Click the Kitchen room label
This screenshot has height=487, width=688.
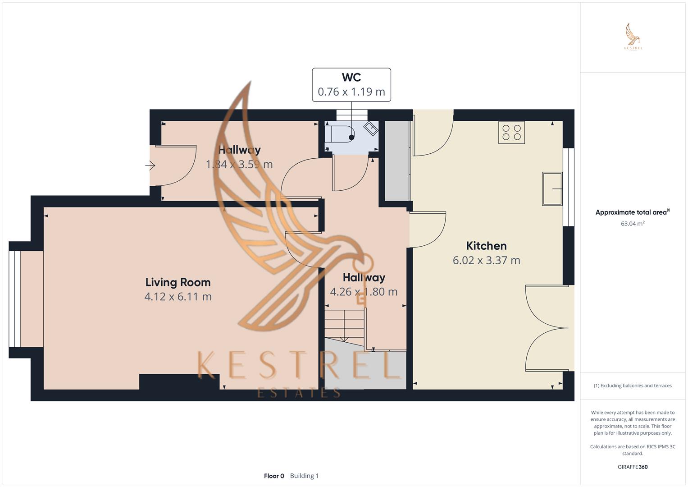pos(486,246)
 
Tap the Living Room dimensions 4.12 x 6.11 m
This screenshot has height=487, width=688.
pos(178,297)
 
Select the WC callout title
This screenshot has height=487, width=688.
pos(351,77)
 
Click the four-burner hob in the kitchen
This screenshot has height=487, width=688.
pos(511,132)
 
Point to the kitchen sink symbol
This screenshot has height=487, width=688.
pos(552,188)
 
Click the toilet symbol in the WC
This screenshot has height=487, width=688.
pos(342,133)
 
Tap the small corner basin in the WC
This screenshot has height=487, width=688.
pos(371,129)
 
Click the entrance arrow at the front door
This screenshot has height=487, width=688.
pos(150,166)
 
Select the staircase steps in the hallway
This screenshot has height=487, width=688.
pos(345,322)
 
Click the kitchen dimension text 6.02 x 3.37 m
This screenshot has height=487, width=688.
pos(486,260)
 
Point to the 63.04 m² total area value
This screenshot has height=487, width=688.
pos(632,223)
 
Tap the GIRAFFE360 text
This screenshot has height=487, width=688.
pos(632,467)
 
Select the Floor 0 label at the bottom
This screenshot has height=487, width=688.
pos(274,476)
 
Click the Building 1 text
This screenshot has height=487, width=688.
pos(304,476)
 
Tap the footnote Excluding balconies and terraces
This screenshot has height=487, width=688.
pos(632,386)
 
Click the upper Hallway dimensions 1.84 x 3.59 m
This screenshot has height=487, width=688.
pos(239,164)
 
